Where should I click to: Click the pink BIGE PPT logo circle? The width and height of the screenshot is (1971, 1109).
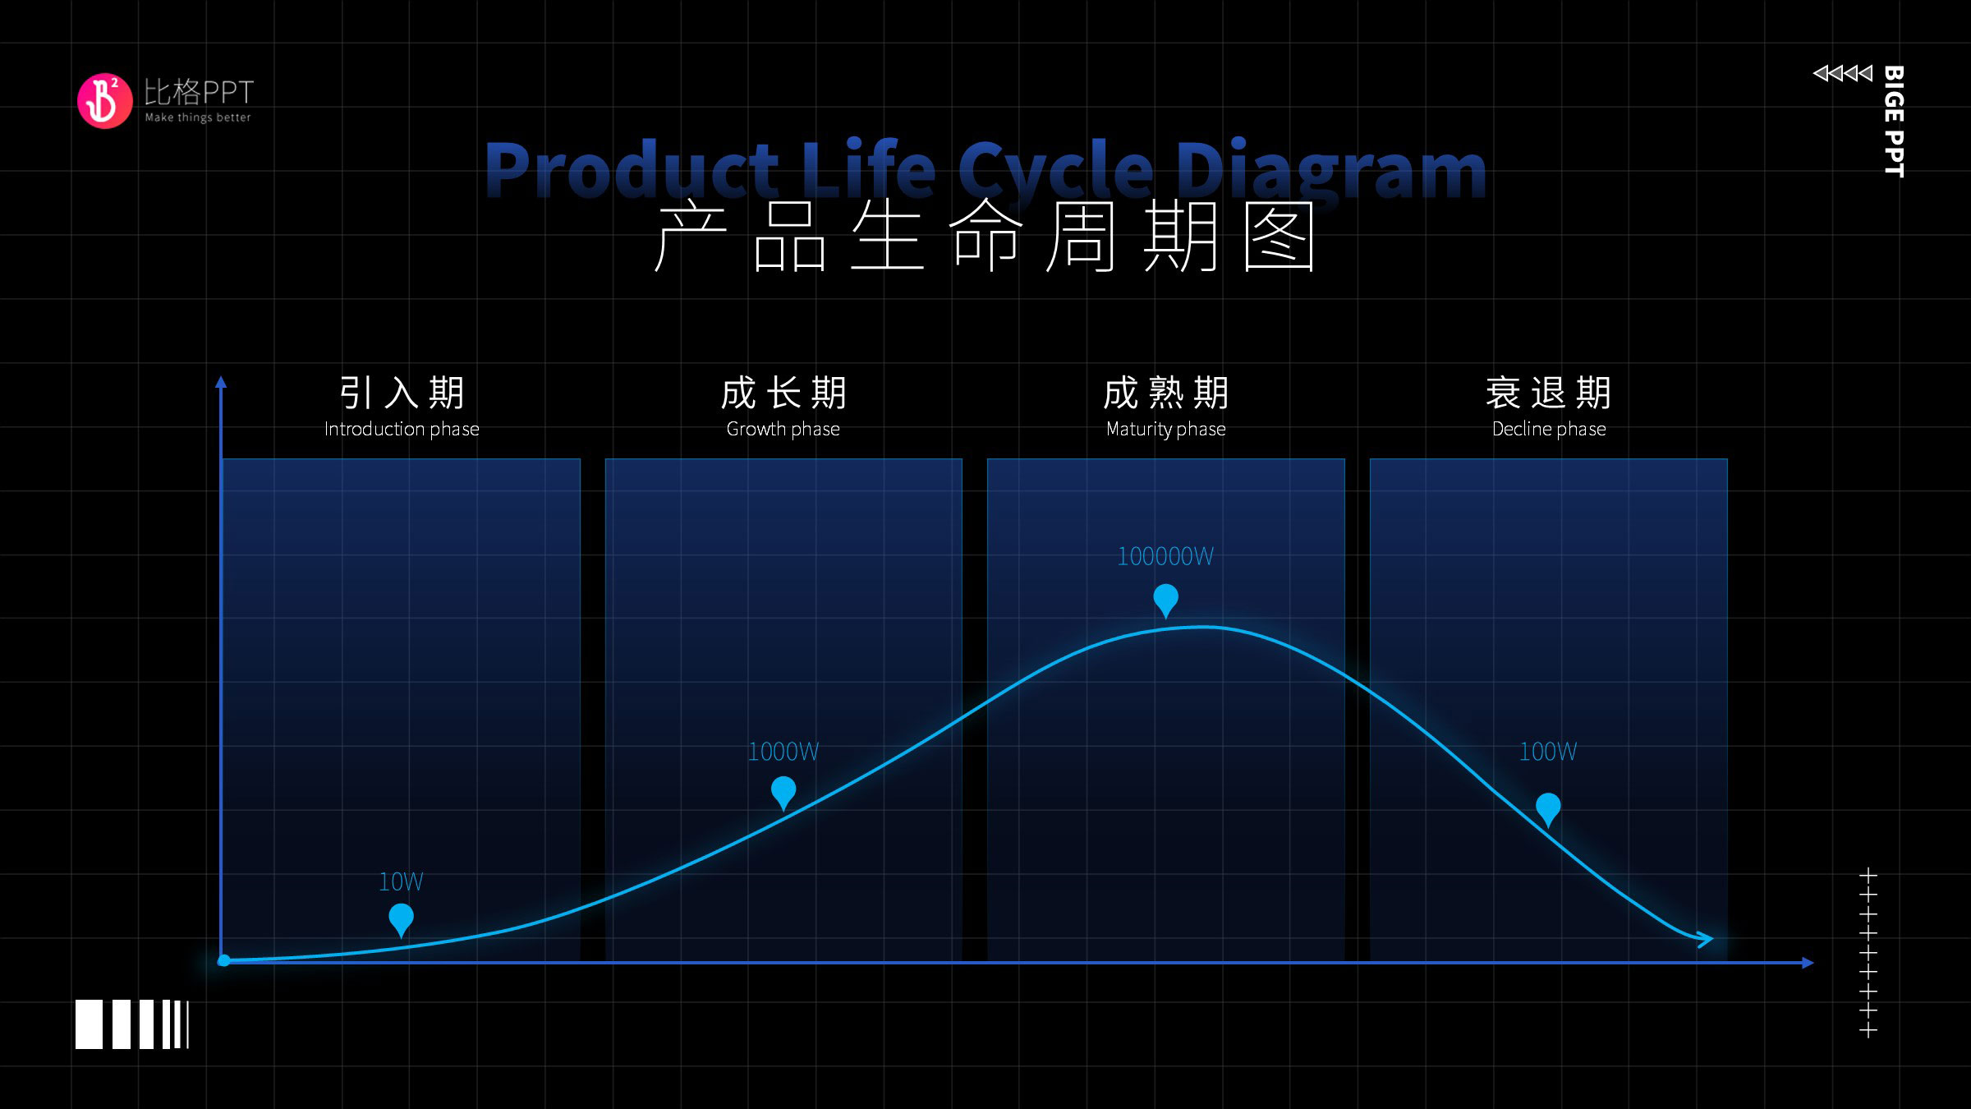point(104,101)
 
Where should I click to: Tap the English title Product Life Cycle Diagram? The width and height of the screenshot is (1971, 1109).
point(985,169)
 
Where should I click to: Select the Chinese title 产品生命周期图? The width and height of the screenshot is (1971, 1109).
point(985,237)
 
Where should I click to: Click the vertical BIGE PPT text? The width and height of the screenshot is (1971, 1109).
point(1894,121)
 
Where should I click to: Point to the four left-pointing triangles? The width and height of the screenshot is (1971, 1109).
point(1843,73)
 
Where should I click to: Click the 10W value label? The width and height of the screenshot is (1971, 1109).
point(401,882)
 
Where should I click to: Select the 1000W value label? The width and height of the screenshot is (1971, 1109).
point(783,752)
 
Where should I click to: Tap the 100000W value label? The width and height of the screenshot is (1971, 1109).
point(1165,556)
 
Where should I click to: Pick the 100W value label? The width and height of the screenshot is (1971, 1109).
point(1548,752)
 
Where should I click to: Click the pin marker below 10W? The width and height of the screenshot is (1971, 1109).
point(401,919)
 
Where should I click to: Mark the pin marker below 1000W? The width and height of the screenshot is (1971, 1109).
point(783,793)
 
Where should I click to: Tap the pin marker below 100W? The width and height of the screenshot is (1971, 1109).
point(1548,809)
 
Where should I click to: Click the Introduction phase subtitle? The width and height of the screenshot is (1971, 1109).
point(402,429)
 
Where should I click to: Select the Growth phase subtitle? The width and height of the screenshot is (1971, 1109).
point(783,429)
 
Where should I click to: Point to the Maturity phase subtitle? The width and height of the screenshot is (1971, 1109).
point(1166,429)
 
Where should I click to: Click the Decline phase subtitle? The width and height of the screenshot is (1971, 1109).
point(1549,429)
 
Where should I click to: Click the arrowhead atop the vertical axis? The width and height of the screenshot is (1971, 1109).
point(221,382)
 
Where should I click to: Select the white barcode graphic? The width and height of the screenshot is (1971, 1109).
point(132,1024)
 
